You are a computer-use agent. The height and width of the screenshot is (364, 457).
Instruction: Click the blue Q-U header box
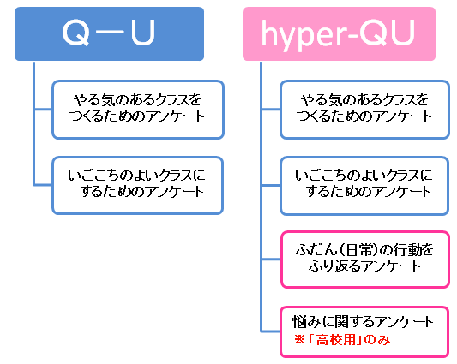click(x=109, y=33)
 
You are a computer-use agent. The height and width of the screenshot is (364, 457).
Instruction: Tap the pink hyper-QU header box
click(x=339, y=33)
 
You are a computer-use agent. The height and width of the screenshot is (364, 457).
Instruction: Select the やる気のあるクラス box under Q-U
click(x=138, y=110)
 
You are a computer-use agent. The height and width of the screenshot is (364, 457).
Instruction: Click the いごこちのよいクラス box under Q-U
click(x=138, y=186)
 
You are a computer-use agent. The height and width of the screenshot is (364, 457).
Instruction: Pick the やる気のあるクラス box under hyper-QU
click(x=364, y=110)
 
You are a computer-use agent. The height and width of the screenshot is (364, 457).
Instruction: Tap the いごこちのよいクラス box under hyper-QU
click(x=364, y=186)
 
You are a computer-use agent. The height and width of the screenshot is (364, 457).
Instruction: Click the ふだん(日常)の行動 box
click(x=365, y=260)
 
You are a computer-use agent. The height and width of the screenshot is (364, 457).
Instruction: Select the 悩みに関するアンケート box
click(x=364, y=331)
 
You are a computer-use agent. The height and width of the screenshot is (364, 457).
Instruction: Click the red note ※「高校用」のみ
click(x=342, y=340)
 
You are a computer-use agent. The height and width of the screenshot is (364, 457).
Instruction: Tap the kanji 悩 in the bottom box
click(x=299, y=322)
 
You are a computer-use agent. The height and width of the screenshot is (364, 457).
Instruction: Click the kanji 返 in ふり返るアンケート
click(x=340, y=266)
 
